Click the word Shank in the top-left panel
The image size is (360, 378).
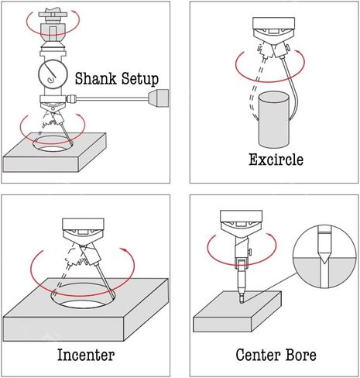click(x=95, y=78)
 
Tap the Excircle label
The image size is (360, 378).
click(x=276, y=160)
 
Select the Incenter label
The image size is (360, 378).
click(x=86, y=355)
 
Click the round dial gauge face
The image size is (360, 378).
click(x=53, y=74)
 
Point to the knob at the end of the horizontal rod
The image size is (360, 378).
click(x=159, y=98)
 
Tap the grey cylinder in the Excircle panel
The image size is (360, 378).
click(x=274, y=120)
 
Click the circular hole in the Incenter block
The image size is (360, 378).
click(x=83, y=295)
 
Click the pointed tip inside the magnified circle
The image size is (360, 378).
click(x=324, y=261)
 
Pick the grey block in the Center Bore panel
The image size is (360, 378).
click(x=238, y=311)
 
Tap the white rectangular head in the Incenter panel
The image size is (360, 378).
click(x=84, y=224)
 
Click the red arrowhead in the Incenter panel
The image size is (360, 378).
click(x=123, y=249)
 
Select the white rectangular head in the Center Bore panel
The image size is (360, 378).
click(x=241, y=216)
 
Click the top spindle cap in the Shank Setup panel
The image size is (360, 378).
click(x=53, y=13)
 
